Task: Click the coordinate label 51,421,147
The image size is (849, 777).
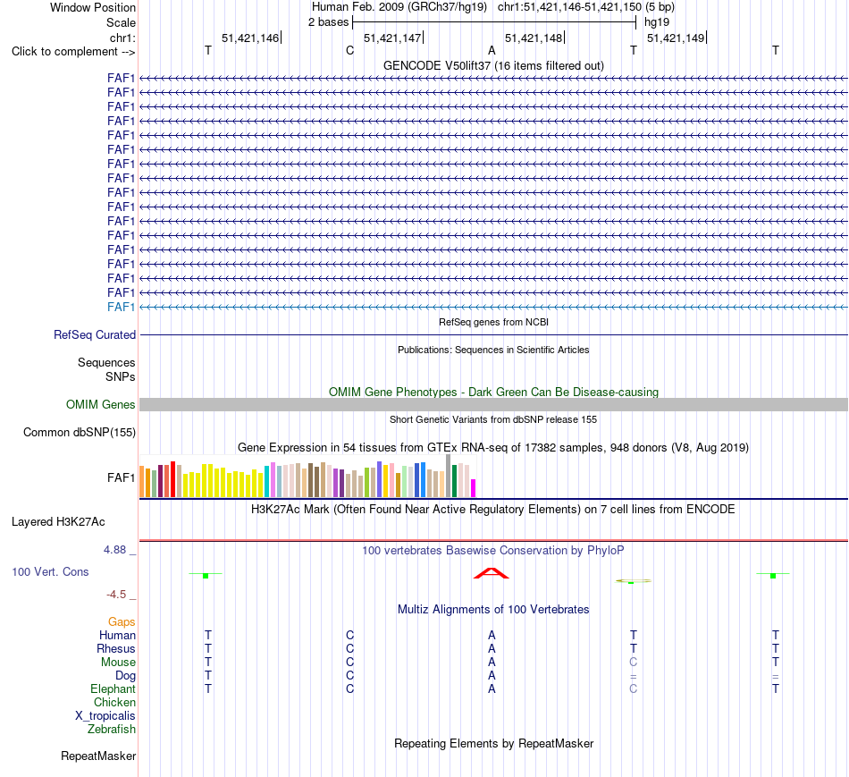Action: pos(392,38)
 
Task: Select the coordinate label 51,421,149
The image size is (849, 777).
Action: pos(676,38)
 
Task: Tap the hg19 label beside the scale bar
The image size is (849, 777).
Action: pos(657,22)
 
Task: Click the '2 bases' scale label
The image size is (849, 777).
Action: pos(329,22)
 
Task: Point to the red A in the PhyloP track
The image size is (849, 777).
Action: pos(492,573)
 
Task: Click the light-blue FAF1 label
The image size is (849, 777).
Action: pos(121,308)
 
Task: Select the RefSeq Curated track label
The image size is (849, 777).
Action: pos(95,335)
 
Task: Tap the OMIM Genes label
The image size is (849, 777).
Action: pos(101,405)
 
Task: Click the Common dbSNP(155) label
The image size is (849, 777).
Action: pos(80,433)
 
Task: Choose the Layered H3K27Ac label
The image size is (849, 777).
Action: pos(58,522)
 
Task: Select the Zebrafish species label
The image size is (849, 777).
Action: pos(112,730)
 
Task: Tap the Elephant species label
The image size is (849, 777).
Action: pos(113,689)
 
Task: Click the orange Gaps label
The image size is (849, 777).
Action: pos(122,622)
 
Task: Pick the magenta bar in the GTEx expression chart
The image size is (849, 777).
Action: pos(474,488)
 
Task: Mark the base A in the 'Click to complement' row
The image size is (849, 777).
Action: pos(492,50)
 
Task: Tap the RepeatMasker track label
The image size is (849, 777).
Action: pos(98,756)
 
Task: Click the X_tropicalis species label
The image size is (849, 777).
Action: pos(105,716)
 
